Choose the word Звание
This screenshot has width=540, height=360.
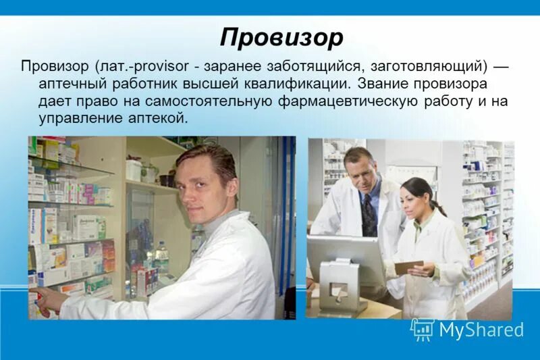[381, 84]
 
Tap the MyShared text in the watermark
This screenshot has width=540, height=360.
[481, 330]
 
